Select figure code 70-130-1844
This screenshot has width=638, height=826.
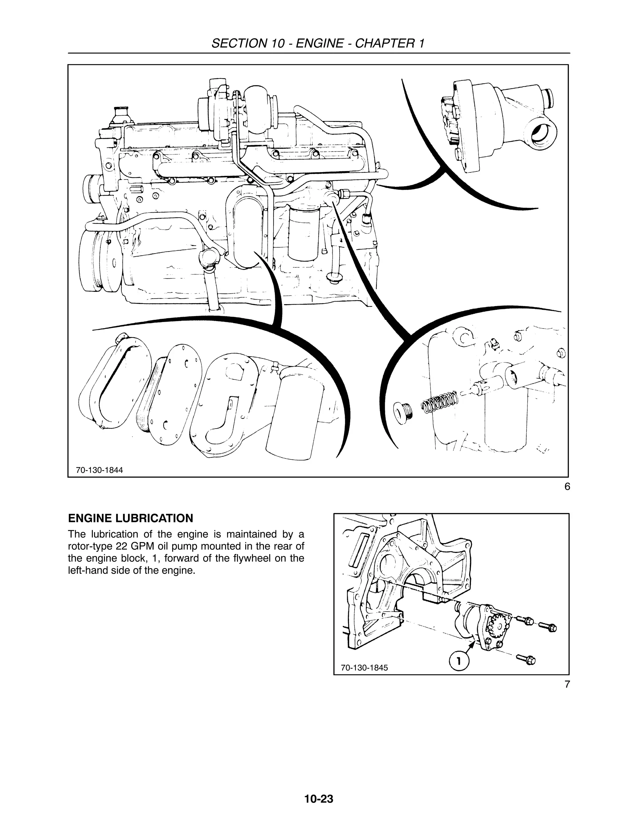99,470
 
